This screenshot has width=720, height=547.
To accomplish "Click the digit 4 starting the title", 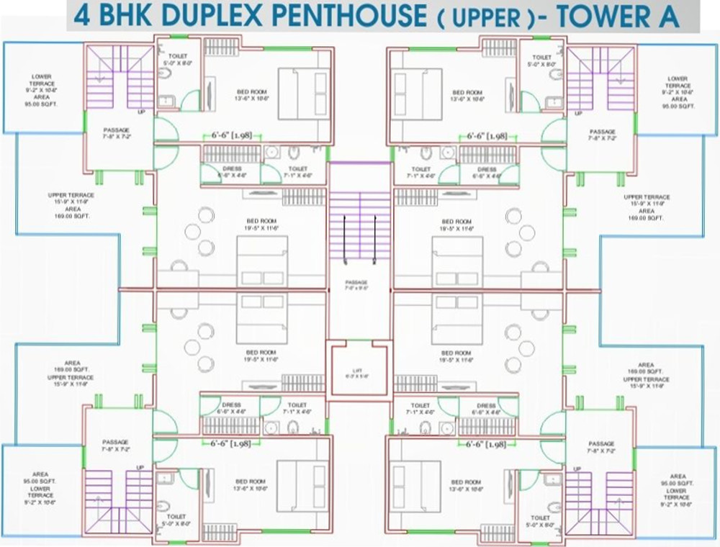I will pos(82,16).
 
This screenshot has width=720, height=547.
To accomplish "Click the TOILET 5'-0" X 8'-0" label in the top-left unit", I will pos(177,60).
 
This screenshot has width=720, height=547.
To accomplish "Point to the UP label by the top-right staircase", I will pos(577,114).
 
